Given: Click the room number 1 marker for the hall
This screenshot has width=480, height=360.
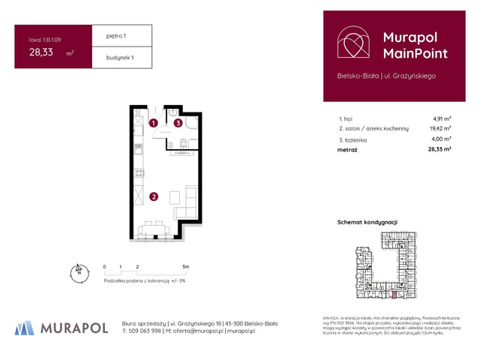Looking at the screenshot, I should click(153, 122).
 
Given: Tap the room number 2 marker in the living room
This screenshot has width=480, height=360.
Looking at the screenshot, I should click(153, 197).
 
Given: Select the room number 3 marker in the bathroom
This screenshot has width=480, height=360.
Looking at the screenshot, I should click(178, 122).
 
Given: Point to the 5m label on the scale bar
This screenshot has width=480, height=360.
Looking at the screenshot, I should click(185, 266).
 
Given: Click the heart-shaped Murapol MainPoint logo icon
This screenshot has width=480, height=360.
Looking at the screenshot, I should click(352, 44).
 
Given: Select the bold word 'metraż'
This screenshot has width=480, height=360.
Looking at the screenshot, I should click(348, 149).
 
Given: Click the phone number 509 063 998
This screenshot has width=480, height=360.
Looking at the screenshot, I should click(146, 331).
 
